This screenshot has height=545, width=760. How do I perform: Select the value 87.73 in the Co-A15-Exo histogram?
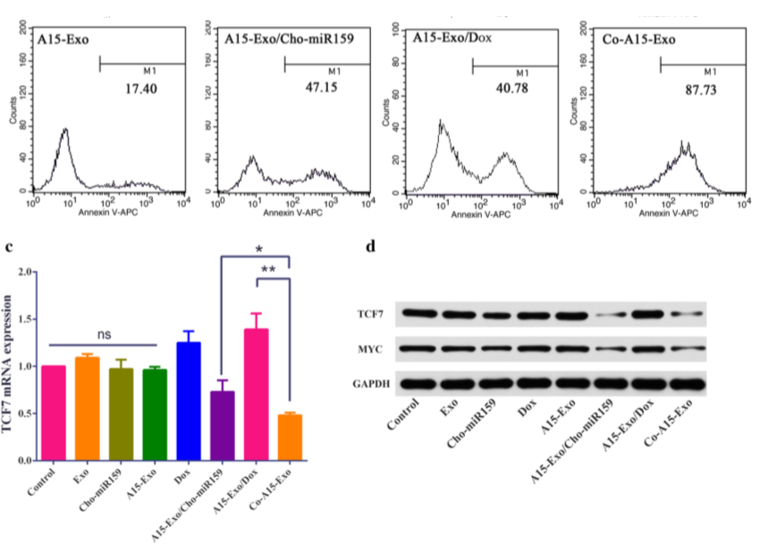[698, 90]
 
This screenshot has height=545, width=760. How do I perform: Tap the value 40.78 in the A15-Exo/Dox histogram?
[512, 90]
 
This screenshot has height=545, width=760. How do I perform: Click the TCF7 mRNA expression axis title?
[12, 366]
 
